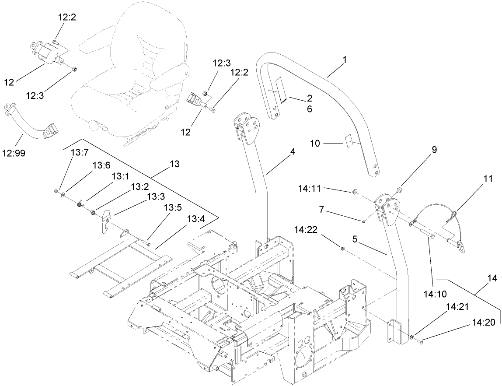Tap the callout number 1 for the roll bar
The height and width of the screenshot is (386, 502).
tap(344, 59)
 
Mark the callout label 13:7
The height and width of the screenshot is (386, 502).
tap(80, 152)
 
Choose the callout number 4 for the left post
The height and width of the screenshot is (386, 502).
tap(292, 152)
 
